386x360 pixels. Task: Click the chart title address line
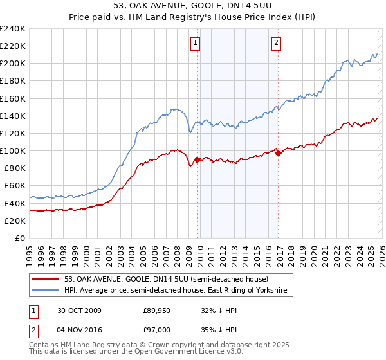pyautogui.click(x=192, y=6)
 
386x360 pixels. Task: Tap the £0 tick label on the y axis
pyautogui.click(x=19, y=238)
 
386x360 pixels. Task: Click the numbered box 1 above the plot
pyautogui.click(x=195, y=43)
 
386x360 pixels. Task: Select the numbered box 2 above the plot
pyautogui.click(x=275, y=43)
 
